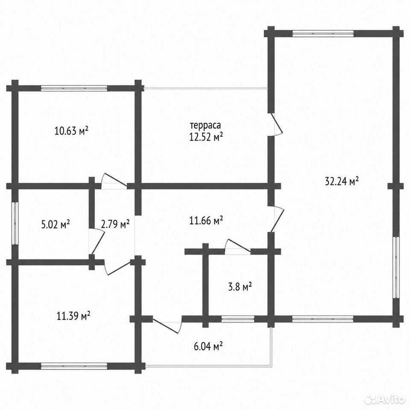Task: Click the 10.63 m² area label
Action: tap(71, 130)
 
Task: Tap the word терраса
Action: tap(205, 125)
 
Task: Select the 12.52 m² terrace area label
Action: tap(206, 137)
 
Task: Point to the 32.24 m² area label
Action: tap(342, 181)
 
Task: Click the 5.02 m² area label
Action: tap(56, 224)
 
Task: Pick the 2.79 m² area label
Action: tap(115, 224)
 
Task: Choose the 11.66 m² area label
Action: tap(206, 220)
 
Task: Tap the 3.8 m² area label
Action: tap(240, 287)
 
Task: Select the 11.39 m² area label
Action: tap(73, 316)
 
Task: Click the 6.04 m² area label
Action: tap(208, 346)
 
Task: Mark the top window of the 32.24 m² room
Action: tap(323, 33)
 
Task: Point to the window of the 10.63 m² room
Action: tap(74, 88)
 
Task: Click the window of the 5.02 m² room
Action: tap(15, 223)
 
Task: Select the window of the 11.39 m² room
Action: tap(74, 366)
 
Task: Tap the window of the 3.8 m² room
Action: tap(238, 319)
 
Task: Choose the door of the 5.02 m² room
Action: tap(97, 241)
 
